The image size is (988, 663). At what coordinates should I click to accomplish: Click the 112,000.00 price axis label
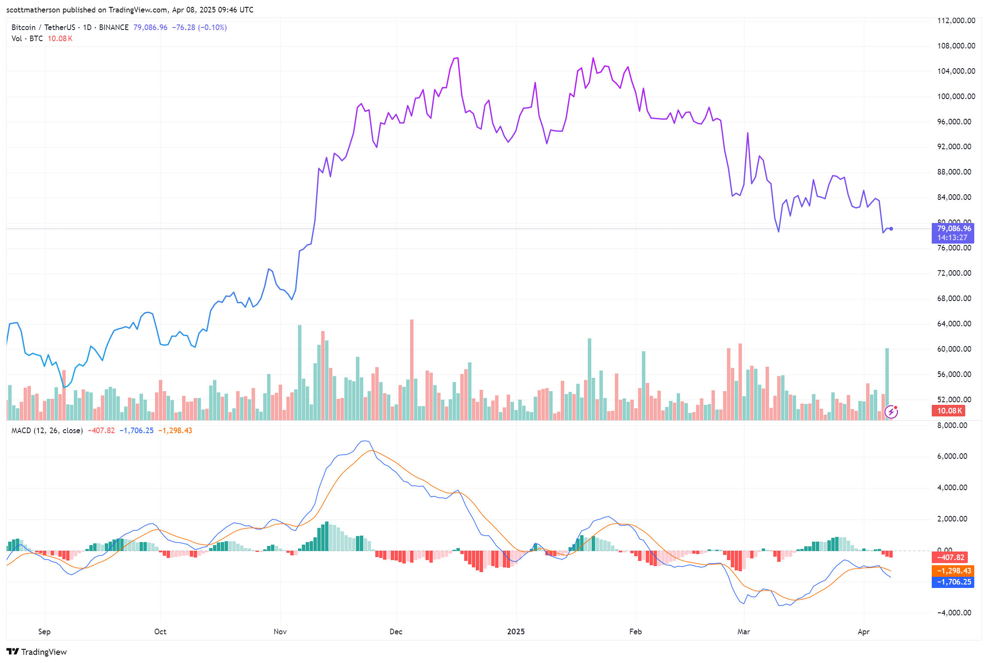[x=956, y=21]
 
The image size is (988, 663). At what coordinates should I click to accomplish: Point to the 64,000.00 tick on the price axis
[x=954, y=324]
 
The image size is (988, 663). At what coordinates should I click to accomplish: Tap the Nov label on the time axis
[x=280, y=632]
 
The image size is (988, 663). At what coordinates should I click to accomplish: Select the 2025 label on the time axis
[x=516, y=632]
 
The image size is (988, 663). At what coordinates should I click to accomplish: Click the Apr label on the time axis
[x=863, y=632]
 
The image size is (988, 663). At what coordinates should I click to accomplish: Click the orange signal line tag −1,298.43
[x=953, y=571]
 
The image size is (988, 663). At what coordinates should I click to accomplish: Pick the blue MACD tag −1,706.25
[x=953, y=582]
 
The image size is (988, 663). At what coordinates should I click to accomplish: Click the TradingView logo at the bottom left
[x=37, y=652]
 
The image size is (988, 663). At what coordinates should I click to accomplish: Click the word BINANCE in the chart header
[x=114, y=27]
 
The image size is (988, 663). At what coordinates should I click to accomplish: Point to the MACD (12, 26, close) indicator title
[x=47, y=431]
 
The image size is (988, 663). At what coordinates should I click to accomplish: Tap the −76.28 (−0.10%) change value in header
[x=199, y=27]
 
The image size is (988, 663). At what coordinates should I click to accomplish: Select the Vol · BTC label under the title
[x=27, y=39]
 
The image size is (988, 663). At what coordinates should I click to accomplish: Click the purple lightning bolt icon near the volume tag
[x=891, y=412]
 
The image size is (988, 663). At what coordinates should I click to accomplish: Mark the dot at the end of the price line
[x=891, y=229]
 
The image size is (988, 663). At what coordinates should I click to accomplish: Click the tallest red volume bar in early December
[x=411, y=369]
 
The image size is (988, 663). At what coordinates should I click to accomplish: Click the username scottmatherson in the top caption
[x=33, y=10]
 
